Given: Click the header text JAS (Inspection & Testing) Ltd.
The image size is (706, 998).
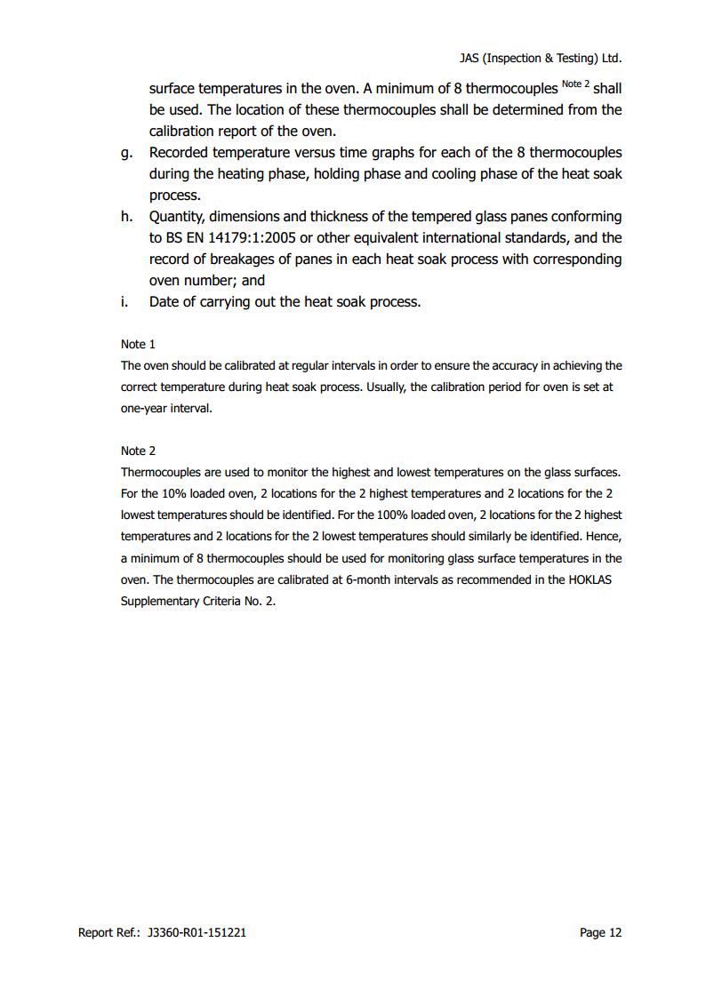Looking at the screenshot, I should tap(540, 58).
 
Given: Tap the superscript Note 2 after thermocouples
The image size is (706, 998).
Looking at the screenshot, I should tap(575, 84).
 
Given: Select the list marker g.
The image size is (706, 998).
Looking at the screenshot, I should tap(126, 153).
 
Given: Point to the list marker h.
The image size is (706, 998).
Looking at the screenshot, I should tap(126, 217).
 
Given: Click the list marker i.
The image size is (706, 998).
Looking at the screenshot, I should tap(124, 302).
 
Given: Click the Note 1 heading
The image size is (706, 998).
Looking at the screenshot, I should tap(138, 344).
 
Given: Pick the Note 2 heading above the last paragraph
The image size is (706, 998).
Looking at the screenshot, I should tap(138, 451).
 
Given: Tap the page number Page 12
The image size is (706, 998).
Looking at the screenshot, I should tap(600, 932).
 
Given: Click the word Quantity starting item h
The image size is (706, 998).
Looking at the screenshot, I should tap(178, 217).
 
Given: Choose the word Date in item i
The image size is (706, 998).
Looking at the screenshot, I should tap(164, 302).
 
